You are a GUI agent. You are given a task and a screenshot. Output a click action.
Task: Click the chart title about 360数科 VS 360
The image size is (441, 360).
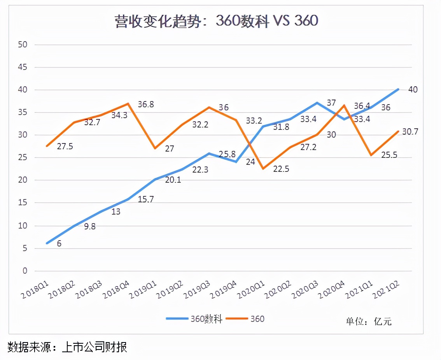point(216,21)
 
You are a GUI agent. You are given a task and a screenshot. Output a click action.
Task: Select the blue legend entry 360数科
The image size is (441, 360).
point(194,319)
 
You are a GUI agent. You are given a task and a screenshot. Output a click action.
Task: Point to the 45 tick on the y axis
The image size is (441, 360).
point(23,67)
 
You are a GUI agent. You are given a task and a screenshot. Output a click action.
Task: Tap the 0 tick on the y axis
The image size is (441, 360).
point(24,271)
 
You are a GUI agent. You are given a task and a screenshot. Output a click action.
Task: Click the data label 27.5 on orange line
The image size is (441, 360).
point(65,147)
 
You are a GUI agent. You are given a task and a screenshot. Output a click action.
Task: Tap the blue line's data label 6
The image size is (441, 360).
point(59,244)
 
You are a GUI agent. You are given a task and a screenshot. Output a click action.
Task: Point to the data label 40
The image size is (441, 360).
point(413,90)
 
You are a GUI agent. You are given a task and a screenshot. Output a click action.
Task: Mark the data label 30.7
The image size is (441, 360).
point(410,132)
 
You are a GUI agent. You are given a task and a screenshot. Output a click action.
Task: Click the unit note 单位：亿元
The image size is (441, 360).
point(369,321)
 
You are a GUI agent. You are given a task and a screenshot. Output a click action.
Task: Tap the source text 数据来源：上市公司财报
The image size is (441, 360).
point(67,347)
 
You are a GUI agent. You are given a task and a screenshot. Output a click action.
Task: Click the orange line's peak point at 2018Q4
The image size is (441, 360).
point(128,103)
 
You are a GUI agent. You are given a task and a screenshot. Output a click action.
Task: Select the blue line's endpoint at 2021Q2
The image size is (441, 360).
point(397,89)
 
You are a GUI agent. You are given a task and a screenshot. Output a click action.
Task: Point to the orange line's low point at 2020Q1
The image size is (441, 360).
point(263,168)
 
